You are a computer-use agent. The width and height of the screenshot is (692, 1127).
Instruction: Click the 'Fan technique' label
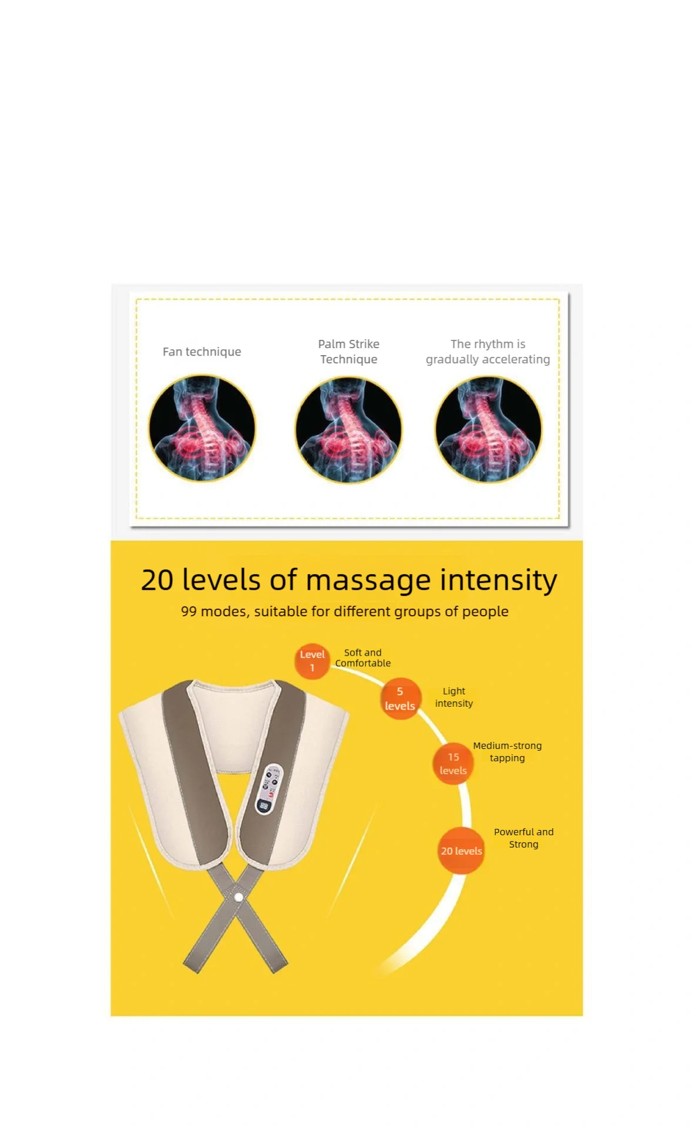201,352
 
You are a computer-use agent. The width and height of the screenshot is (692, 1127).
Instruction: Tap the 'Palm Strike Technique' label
348,352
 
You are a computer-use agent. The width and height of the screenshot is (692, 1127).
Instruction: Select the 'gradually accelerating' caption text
488,359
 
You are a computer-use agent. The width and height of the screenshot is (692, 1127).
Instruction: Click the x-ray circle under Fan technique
202,428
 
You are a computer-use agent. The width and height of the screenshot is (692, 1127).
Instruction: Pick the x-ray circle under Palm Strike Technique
348,430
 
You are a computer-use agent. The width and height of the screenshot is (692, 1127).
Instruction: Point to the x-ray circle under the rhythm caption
488,430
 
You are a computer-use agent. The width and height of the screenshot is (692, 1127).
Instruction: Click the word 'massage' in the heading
368,580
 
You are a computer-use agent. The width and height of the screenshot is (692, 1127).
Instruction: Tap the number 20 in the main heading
157,580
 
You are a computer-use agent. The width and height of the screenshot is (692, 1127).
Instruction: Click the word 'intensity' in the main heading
498,580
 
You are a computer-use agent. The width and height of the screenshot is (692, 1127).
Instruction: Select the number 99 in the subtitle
189,612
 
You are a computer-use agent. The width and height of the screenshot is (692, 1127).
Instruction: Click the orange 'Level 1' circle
312,661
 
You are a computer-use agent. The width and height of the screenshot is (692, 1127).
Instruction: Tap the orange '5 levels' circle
399,699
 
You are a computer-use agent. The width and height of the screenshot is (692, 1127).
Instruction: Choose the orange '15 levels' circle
453,764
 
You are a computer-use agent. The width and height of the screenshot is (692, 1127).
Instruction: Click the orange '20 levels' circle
462,851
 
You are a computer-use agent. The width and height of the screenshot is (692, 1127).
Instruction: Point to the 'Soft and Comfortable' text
362,658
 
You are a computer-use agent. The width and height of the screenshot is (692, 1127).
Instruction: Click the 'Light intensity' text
454,697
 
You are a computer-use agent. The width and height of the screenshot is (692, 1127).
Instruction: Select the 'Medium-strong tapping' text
507,752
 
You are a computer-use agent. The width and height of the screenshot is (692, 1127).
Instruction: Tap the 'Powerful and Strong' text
523,838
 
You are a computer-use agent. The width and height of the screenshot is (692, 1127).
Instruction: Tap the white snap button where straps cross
238,897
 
